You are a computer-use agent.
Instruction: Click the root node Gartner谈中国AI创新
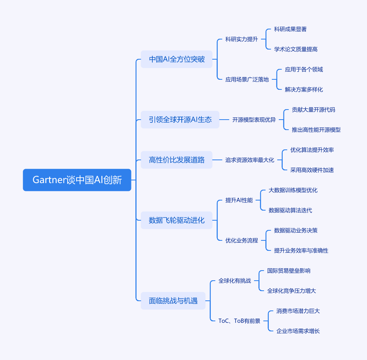77,180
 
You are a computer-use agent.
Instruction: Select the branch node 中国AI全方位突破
176,59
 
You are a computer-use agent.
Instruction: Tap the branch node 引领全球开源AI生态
180,120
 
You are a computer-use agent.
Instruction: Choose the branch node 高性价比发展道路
176,160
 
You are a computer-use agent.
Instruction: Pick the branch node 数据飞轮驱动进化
176,220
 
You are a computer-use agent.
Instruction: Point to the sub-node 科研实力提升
241,39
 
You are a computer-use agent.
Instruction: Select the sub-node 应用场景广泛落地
247,79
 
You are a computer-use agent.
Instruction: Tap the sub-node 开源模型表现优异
254,120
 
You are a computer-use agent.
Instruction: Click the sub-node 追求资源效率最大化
249,160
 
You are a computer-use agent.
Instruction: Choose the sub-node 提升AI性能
239,200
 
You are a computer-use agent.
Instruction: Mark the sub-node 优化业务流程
241,240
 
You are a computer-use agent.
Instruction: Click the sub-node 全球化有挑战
234,281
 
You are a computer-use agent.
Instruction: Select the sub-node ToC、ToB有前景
239,321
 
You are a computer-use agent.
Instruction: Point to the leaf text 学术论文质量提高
295,49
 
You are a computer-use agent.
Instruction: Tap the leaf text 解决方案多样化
304,89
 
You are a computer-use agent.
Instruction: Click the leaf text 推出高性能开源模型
316,130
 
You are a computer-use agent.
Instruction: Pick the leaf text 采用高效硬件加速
312,170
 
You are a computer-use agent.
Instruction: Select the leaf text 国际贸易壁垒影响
288,271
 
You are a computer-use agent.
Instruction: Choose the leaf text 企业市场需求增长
298,331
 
